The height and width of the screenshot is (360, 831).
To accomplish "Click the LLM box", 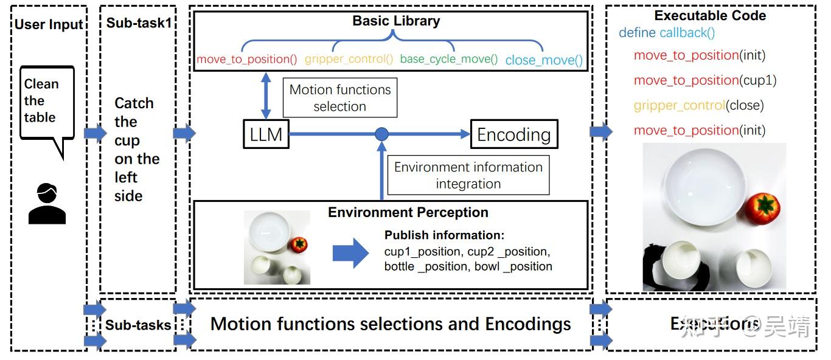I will [x=266, y=134].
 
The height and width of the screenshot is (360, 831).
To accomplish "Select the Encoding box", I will [x=513, y=135].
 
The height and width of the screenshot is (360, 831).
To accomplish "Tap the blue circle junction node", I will [x=381, y=134].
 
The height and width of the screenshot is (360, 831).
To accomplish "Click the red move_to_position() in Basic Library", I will [x=246, y=60].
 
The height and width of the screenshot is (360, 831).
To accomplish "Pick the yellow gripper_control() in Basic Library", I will [x=349, y=60].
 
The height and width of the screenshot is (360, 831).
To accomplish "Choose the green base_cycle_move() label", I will [x=448, y=60].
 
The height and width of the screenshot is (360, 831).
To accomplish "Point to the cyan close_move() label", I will [x=544, y=60].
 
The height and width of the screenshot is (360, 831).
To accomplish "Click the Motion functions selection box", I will [x=339, y=98].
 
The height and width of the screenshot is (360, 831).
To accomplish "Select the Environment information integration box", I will [x=468, y=175].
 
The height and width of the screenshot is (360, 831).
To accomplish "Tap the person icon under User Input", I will [x=47, y=203].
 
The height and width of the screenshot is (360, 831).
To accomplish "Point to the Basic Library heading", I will [x=396, y=21].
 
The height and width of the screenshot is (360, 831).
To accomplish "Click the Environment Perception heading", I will [x=408, y=212].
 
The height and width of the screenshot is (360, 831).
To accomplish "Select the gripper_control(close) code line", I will [x=698, y=105].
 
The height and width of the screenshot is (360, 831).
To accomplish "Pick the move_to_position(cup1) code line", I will [x=704, y=80].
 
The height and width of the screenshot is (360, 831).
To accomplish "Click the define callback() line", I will [x=667, y=33].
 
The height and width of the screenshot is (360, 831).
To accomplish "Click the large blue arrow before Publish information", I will [x=350, y=252].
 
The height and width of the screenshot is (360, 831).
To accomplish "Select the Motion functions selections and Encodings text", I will [x=391, y=324].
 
